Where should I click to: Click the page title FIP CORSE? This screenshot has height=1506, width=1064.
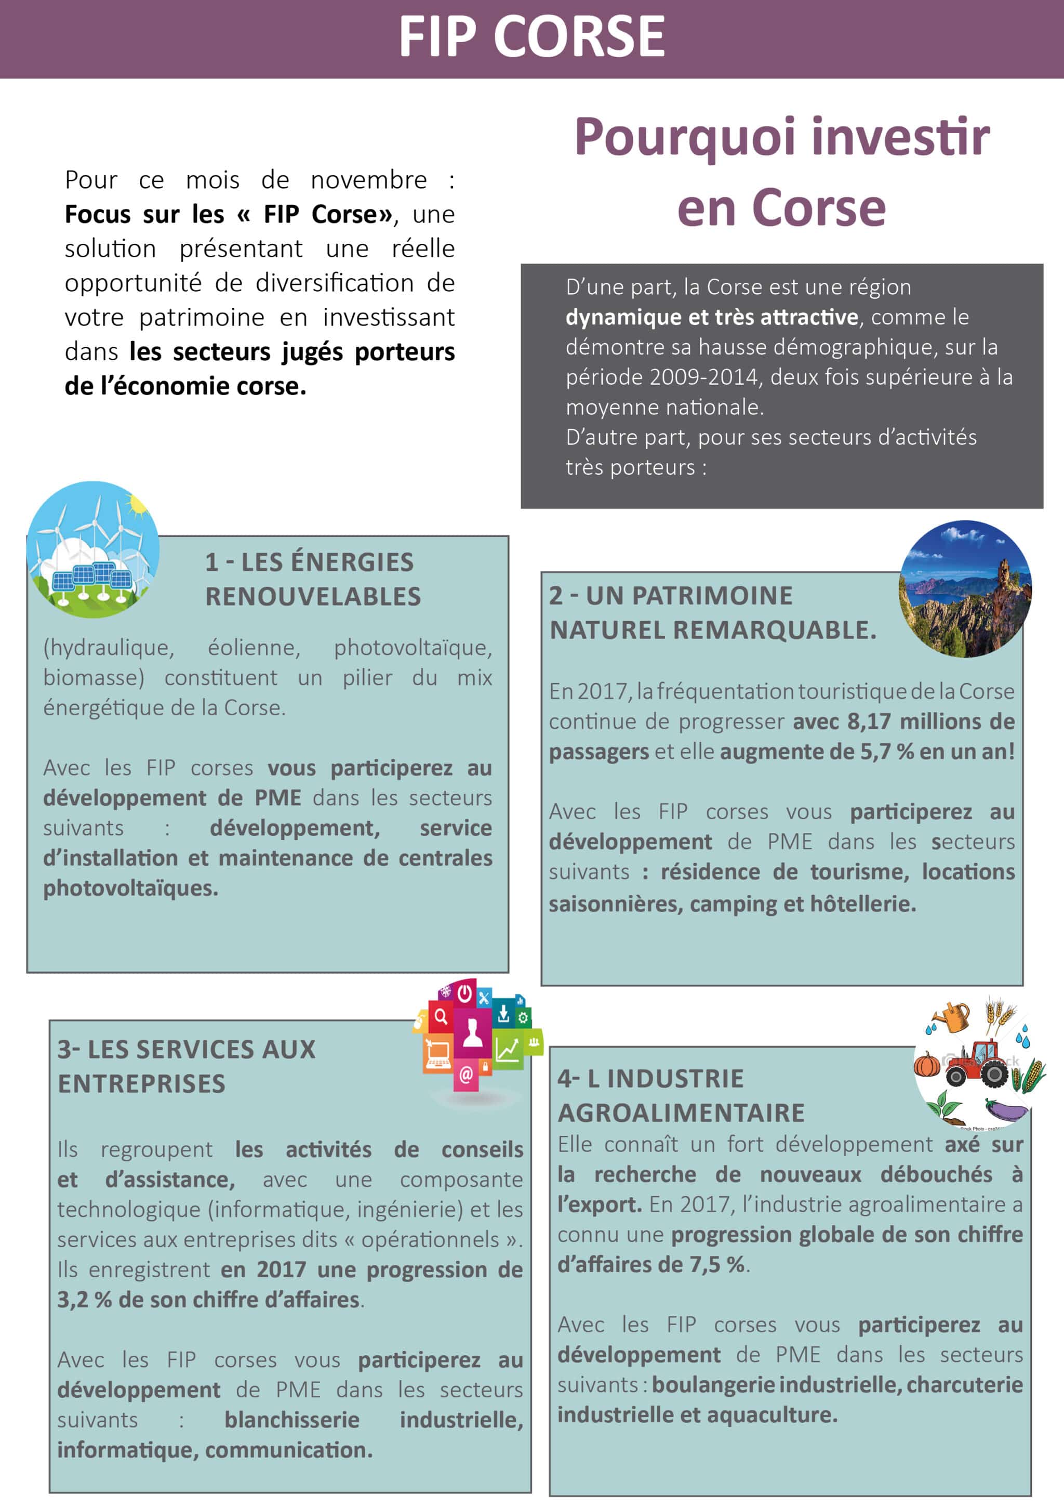coord(531,37)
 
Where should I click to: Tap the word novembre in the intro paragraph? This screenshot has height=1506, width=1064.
coord(368,180)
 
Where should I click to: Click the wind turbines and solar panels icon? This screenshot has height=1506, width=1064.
coord(92,549)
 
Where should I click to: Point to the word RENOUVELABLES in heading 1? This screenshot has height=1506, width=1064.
coord(313,597)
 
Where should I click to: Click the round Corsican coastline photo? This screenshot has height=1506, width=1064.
coord(964,588)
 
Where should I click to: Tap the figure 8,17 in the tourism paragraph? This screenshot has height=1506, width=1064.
coord(869,722)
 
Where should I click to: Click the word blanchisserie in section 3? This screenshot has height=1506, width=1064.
coord(292,1421)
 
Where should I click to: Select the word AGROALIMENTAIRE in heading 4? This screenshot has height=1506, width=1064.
coord(681,1113)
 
